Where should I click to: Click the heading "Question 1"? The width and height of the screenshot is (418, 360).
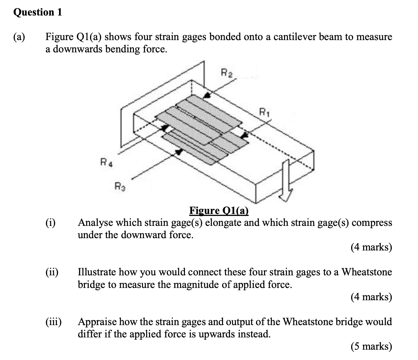tap(37, 12)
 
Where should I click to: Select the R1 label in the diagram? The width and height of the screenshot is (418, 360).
tap(264, 113)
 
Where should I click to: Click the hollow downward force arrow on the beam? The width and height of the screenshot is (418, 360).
tap(285, 181)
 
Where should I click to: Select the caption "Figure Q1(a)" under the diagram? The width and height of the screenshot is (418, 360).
tap(219, 211)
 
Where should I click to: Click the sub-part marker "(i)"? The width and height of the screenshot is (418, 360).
tap(50, 223)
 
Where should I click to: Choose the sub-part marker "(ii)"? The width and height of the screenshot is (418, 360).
tap(52, 272)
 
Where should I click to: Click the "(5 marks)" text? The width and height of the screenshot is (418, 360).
tap(371, 346)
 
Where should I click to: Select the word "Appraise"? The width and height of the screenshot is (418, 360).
tap(97, 322)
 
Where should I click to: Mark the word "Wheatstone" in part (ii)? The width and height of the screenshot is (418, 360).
tap(367, 272)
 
